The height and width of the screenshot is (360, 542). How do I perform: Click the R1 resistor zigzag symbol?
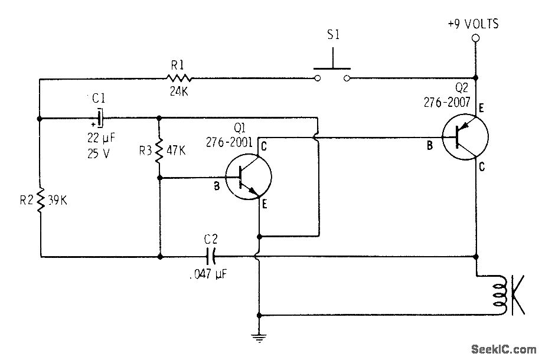click(x=179, y=78)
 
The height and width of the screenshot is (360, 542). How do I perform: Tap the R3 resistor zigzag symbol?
click(x=159, y=150)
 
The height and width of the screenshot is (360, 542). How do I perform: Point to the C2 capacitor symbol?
click(x=211, y=257)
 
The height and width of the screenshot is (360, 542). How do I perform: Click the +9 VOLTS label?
click(x=474, y=24)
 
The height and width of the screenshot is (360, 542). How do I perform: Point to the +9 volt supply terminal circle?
click(x=475, y=40)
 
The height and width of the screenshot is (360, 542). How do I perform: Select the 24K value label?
click(x=179, y=92)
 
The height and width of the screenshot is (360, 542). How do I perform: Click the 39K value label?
click(x=58, y=200)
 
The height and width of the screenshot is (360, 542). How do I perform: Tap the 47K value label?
click(x=177, y=150)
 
